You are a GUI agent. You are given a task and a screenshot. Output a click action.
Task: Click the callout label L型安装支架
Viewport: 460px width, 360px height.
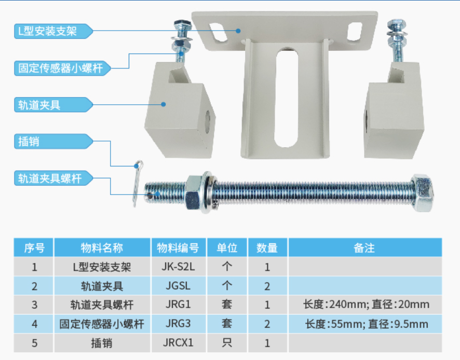(x=53, y=31)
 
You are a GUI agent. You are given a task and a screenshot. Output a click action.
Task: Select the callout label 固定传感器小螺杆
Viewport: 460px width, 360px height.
(x=62, y=68)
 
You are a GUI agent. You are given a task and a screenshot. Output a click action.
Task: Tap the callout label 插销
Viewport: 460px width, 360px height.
(x=53, y=141)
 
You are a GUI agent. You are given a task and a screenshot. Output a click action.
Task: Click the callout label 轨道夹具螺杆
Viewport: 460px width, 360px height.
(x=53, y=178)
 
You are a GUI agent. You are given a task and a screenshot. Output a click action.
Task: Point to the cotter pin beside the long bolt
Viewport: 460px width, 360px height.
(x=137, y=183)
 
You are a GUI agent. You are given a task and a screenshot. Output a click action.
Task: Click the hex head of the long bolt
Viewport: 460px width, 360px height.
(x=422, y=192)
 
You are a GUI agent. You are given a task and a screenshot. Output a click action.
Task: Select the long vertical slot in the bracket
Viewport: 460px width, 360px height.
(x=286, y=98)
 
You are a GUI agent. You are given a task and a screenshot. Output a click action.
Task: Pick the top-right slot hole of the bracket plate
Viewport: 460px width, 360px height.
(x=355, y=31)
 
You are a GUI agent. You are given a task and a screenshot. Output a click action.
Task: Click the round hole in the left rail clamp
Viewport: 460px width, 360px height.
(x=207, y=121)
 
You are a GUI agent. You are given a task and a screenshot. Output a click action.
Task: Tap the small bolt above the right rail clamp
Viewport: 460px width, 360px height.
(x=397, y=40)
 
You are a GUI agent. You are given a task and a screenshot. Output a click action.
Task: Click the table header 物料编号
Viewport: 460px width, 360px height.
(x=179, y=248)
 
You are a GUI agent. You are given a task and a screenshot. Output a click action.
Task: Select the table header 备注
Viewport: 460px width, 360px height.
(x=365, y=248)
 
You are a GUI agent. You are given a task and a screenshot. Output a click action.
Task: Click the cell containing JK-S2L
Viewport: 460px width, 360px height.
(x=179, y=267)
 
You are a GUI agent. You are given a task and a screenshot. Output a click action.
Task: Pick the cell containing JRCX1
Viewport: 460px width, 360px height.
(x=179, y=343)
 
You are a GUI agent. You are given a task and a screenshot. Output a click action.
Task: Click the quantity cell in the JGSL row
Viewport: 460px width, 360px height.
(x=267, y=286)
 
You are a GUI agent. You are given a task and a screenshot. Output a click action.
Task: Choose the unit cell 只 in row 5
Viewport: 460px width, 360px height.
(x=227, y=343)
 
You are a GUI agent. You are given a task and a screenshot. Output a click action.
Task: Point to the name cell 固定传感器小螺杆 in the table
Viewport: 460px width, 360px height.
(x=102, y=324)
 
